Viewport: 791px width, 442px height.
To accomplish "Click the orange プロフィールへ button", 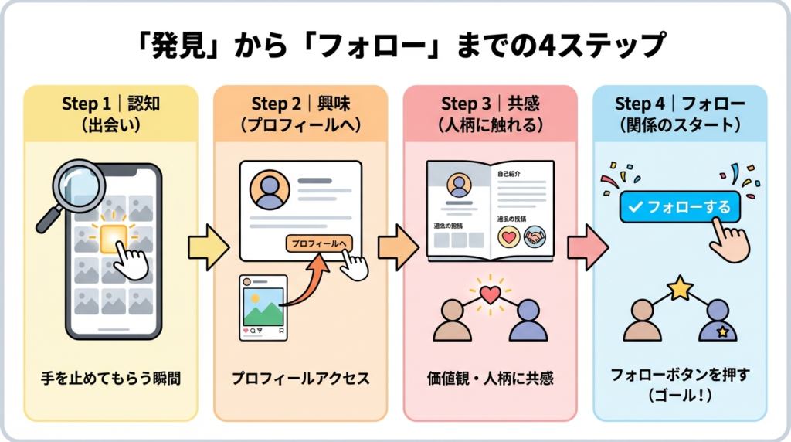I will [318, 243].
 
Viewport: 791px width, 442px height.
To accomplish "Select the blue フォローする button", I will [679, 208].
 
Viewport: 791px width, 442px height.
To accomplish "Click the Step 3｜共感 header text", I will [489, 104].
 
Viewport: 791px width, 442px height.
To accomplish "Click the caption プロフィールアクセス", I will [300, 379].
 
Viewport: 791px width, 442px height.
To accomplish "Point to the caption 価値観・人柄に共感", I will [491, 379].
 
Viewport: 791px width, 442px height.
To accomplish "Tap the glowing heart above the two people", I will [490, 294].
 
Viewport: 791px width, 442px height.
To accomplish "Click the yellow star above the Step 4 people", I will [680, 288].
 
